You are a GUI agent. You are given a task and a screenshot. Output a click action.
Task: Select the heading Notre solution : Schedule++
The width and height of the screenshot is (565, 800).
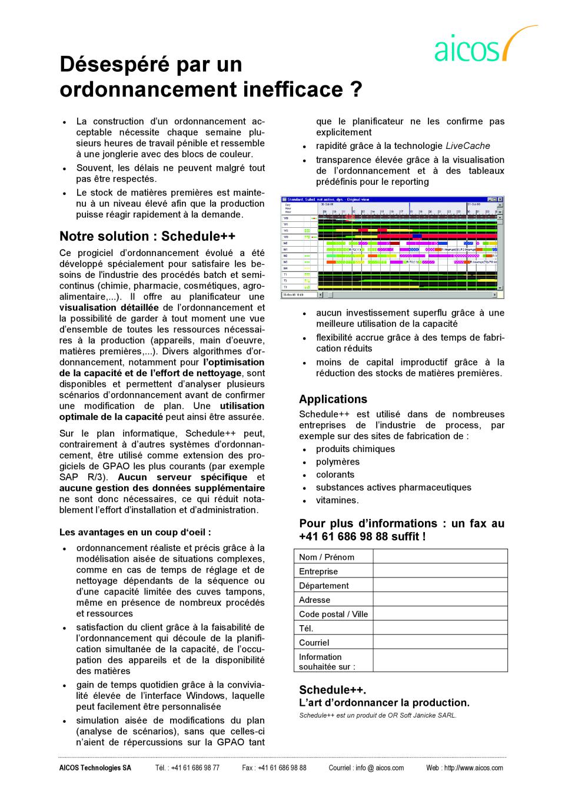click(x=147, y=236)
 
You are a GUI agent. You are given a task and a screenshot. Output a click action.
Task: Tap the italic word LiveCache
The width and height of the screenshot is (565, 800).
click(x=467, y=146)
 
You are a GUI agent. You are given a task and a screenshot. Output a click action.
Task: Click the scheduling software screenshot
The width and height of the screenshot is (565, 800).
click(x=393, y=247)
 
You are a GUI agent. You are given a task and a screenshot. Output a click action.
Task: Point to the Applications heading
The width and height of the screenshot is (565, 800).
click(x=333, y=399)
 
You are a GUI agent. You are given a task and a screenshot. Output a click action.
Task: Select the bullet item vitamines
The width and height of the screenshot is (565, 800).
click(x=337, y=500)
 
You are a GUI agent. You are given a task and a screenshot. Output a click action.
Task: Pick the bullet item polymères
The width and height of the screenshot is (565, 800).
click(x=337, y=462)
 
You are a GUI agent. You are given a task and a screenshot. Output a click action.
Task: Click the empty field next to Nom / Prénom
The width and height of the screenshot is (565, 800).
click(x=440, y=556)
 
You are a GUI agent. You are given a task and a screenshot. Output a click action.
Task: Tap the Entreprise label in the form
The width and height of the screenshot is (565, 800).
click(x=318, y=571)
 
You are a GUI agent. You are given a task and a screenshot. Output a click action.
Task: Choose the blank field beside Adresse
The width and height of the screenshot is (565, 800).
click(x=440, y=599)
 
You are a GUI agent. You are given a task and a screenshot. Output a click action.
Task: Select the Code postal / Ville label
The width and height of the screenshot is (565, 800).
click(x=333, y=614)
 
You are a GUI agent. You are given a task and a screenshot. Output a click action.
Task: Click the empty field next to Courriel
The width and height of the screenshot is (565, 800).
click(x=440, y=642)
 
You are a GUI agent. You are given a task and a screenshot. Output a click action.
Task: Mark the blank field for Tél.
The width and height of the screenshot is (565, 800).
click(x=440, y=628)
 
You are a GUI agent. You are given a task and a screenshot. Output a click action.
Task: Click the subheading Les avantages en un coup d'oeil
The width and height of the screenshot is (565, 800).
click(x=135, y=532)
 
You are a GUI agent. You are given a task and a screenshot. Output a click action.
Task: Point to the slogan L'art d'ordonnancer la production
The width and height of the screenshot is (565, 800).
click(x=384, y=702)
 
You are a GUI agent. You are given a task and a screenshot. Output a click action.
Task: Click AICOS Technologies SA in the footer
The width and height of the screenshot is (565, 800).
click(x=95, y=768)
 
